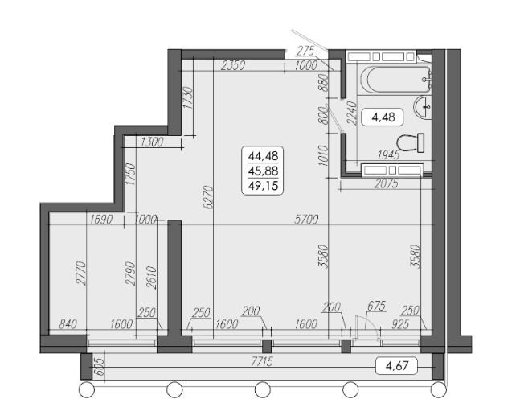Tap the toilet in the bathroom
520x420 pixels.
point(411,143)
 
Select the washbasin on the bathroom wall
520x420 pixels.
point(423,107)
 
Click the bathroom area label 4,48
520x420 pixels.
point(383,117)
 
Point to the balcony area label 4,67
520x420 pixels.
point(397,366)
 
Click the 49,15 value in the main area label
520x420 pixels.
point(263,186)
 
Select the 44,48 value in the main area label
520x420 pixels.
point(263,155)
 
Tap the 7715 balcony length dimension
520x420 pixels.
point(262,361)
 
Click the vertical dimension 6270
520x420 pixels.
point(208,197)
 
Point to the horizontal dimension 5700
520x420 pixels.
point(306,220)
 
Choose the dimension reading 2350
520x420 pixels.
point(233,65)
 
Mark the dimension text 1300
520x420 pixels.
point(152,142)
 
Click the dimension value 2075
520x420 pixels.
point(386,183)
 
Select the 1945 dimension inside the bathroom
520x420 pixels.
point(388,155)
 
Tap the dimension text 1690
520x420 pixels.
point(102,220)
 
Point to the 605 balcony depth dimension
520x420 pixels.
point(100,368)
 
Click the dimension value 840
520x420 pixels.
point(68,323)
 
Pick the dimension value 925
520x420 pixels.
point(400,323)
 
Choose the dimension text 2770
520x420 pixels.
point(81,274)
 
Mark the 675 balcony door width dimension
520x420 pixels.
point(376,306)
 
